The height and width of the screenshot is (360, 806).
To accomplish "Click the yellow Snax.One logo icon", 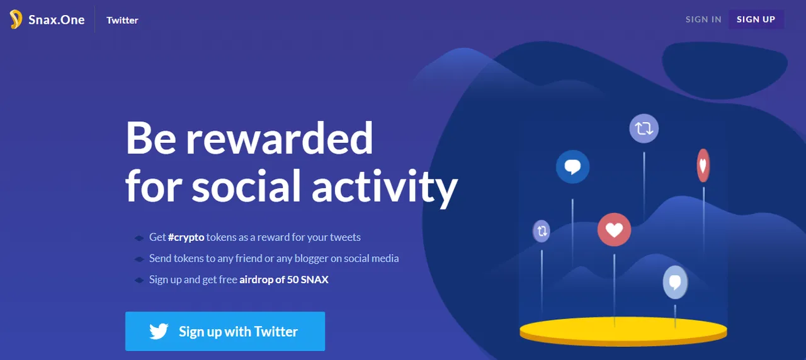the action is coord(16,20).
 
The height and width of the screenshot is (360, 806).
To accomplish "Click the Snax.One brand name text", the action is coord(57,20).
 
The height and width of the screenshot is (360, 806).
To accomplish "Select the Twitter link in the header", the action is coord(122,20).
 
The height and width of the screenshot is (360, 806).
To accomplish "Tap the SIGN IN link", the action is coord(703,20).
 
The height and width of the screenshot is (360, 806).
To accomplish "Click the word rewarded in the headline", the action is coord(280,138).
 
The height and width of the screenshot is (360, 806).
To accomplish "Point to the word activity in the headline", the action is coord(385,187).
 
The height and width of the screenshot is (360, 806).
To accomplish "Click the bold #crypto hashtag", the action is coord(186,237).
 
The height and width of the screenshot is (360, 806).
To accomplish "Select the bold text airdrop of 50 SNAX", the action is coord(284,279).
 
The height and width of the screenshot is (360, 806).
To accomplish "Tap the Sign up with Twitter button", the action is coord(225,331).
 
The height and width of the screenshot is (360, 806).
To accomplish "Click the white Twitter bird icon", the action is coord(159,331).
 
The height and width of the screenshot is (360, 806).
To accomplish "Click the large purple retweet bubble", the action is coord(644,128).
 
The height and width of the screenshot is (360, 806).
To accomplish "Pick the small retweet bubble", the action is coord(542,230).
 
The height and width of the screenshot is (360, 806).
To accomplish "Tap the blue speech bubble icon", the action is coord(572,167).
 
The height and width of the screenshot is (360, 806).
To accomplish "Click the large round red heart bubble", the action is coord(614,230).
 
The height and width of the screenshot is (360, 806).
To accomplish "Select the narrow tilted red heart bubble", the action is coord(703,166).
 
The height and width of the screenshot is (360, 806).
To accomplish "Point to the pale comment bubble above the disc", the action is coord(676,283).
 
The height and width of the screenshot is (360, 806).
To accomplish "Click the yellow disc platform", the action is coord(623,332).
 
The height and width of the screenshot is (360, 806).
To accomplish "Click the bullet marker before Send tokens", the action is coord(139,259).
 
